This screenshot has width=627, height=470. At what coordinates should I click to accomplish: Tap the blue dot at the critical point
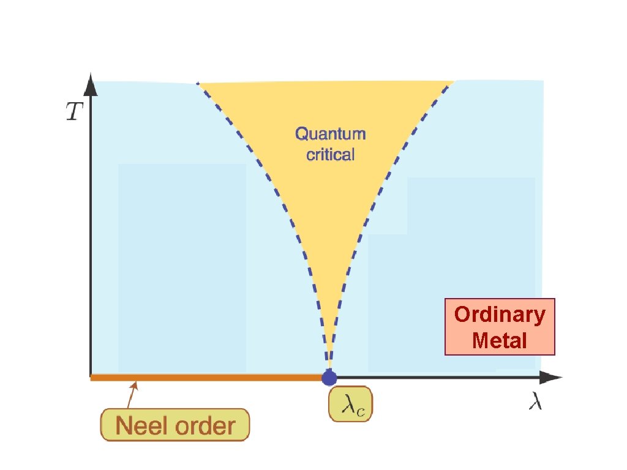(329, 377)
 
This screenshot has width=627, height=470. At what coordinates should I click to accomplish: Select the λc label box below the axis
(351, 404)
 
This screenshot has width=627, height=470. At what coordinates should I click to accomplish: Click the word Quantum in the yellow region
(330, 133)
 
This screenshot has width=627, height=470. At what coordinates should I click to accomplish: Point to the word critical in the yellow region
(330, 154)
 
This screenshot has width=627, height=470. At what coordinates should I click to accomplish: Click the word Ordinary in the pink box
(500, 315)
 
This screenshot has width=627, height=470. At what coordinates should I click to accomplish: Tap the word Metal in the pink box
(500, 340)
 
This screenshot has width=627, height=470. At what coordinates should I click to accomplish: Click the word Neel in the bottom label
(143, 426)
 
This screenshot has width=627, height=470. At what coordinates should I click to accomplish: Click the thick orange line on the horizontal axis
(208, 378)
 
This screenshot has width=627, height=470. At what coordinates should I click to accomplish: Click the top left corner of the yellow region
(198, 83)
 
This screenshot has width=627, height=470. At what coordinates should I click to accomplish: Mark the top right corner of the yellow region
(453, 81)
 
